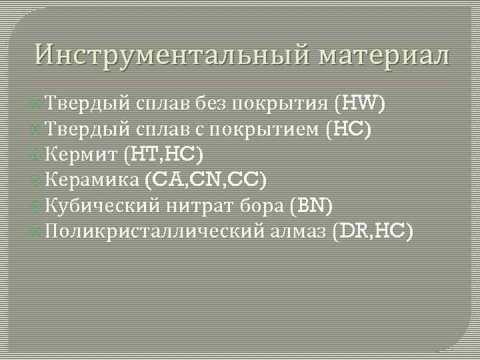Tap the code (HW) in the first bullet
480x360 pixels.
coord(359,103)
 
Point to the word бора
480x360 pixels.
coord(266,206)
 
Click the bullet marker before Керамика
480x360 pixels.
coord(38,180)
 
